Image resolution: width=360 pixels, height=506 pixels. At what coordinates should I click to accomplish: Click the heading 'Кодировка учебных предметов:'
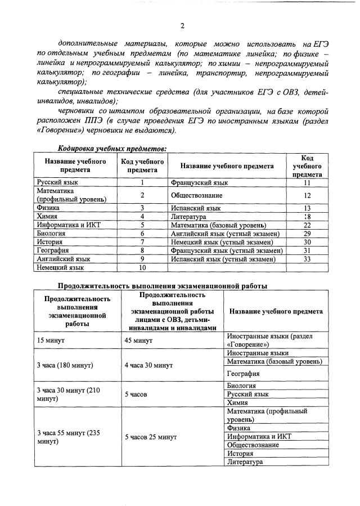click(x=112, y=149)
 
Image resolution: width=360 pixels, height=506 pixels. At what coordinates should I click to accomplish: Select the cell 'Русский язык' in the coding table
click(x=58, y=182)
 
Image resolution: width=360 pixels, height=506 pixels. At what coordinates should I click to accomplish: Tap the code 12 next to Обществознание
click(x=307, y=195)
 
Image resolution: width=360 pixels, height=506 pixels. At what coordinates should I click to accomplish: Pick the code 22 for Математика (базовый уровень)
click(x=307, y=225)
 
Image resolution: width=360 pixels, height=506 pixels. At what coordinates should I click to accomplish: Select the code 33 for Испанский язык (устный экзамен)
click(x=307, y=259)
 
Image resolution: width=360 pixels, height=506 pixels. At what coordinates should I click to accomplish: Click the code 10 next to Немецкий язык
click(x=142, y=267)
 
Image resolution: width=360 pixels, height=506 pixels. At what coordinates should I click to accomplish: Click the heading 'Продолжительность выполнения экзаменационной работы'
click(x=163, y=285)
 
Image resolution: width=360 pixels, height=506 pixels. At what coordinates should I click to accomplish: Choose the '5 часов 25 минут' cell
click(x=150, y=436)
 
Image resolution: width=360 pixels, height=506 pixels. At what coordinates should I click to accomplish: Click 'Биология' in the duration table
click(x=241, y=386)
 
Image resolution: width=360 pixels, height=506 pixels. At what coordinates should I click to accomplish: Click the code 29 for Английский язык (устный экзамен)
click(x=307, y=233)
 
